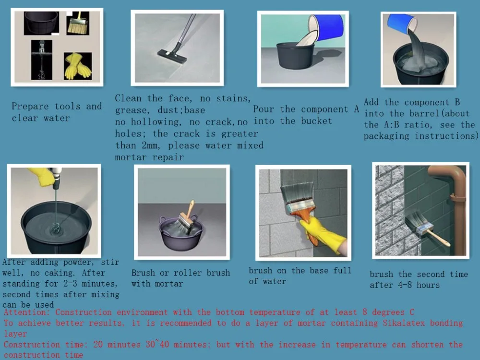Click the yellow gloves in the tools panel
(x=78, y=66)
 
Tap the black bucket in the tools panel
(x=41, y=23)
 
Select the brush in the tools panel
(x=78, y=23)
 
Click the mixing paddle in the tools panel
(x=42, y=60)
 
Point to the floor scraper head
(x=172, y=57)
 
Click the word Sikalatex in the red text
(x=404, y=323)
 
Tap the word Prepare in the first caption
(x=30, y=107)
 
